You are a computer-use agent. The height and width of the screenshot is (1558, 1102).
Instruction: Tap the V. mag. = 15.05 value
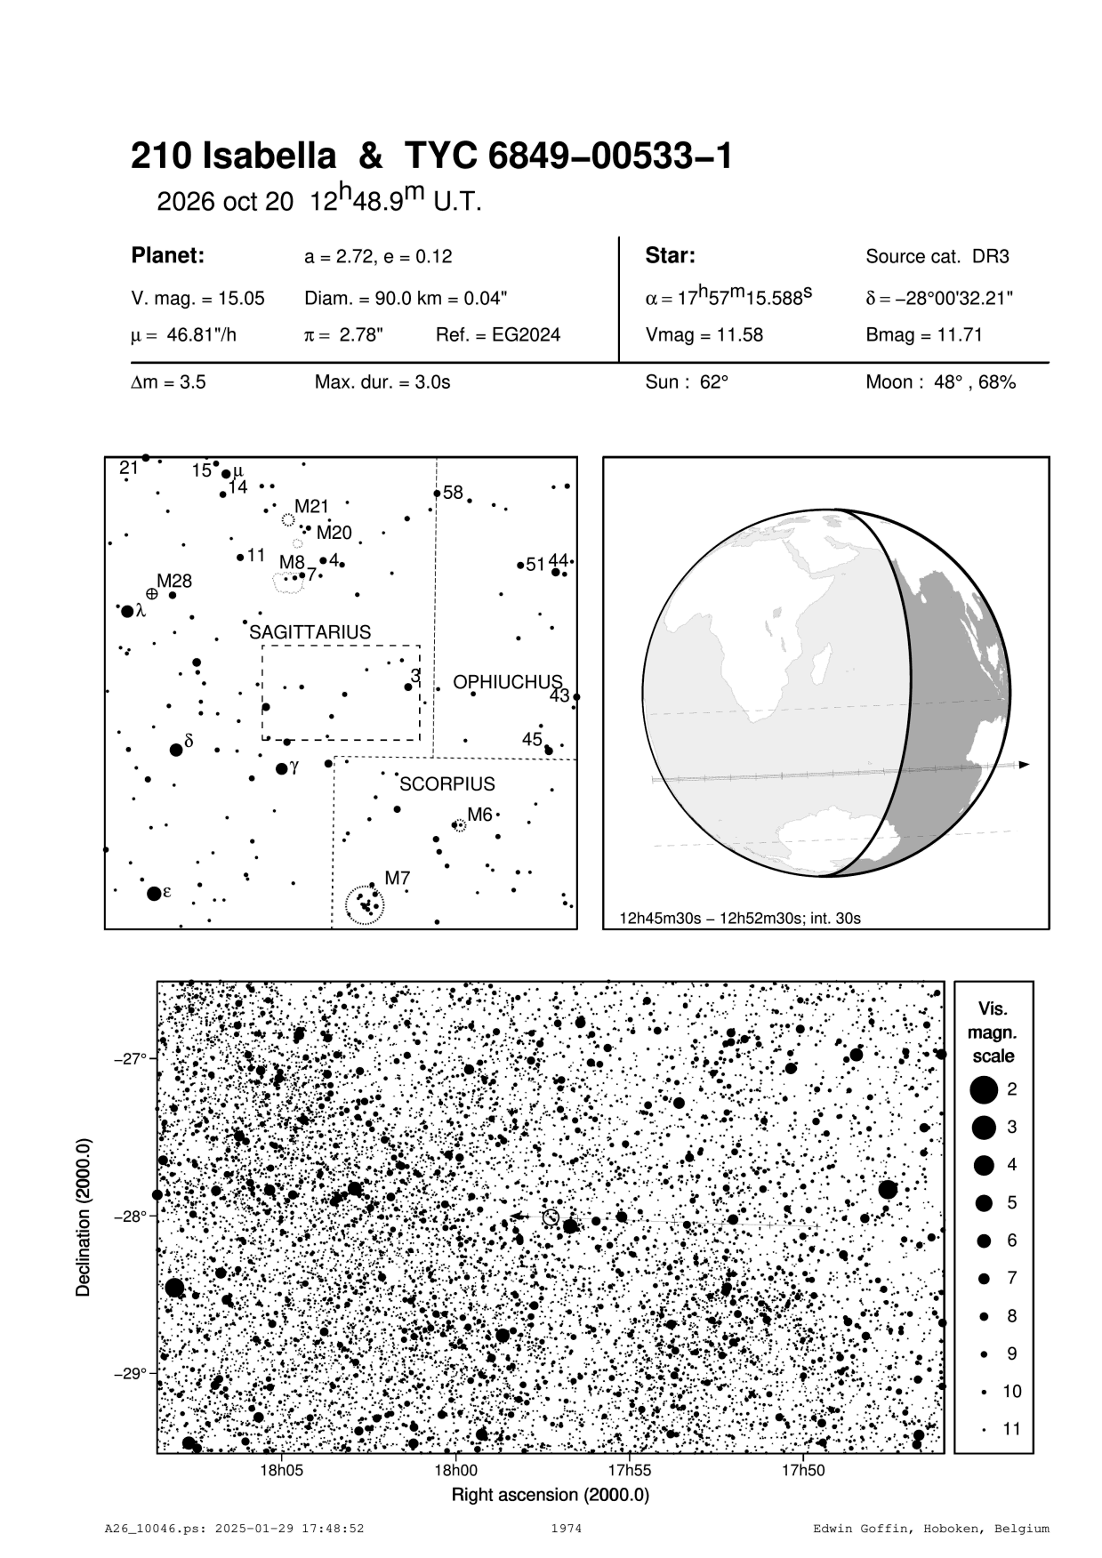[x=197, y=299]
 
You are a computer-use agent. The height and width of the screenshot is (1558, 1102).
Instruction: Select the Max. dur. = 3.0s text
[x=382, y=382]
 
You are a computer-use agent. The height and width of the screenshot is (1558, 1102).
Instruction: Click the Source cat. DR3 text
[x=937, y=257]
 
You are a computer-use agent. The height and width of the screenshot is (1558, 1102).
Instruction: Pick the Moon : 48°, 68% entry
[x=940, y=382]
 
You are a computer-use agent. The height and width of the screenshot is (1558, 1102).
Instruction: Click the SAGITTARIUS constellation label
[x=310, y=632]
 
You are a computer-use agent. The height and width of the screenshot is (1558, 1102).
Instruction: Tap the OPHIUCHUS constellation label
[x=508, y=682]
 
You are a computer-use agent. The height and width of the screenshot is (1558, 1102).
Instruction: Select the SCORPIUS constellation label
[x=446, y=784]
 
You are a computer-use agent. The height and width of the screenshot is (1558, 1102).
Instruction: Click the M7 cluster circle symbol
[x=365, y=905]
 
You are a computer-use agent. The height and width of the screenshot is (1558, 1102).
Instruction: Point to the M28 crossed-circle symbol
[x=152, y=593]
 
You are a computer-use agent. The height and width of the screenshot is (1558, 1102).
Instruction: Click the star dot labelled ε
[x=154, y=893]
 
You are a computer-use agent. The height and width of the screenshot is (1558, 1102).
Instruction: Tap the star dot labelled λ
[x=127, y=611]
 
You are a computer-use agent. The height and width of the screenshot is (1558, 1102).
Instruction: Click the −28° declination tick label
[x=127, y=1217]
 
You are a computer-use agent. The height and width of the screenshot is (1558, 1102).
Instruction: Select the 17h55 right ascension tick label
[x=628, y=1471]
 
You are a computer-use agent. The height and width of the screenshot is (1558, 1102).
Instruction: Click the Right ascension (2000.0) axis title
[x=551, y=1494]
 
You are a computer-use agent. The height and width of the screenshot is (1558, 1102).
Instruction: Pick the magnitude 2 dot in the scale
[x=983, y=1088]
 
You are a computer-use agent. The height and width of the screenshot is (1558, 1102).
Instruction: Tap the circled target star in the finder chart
[x=551, y=1217]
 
